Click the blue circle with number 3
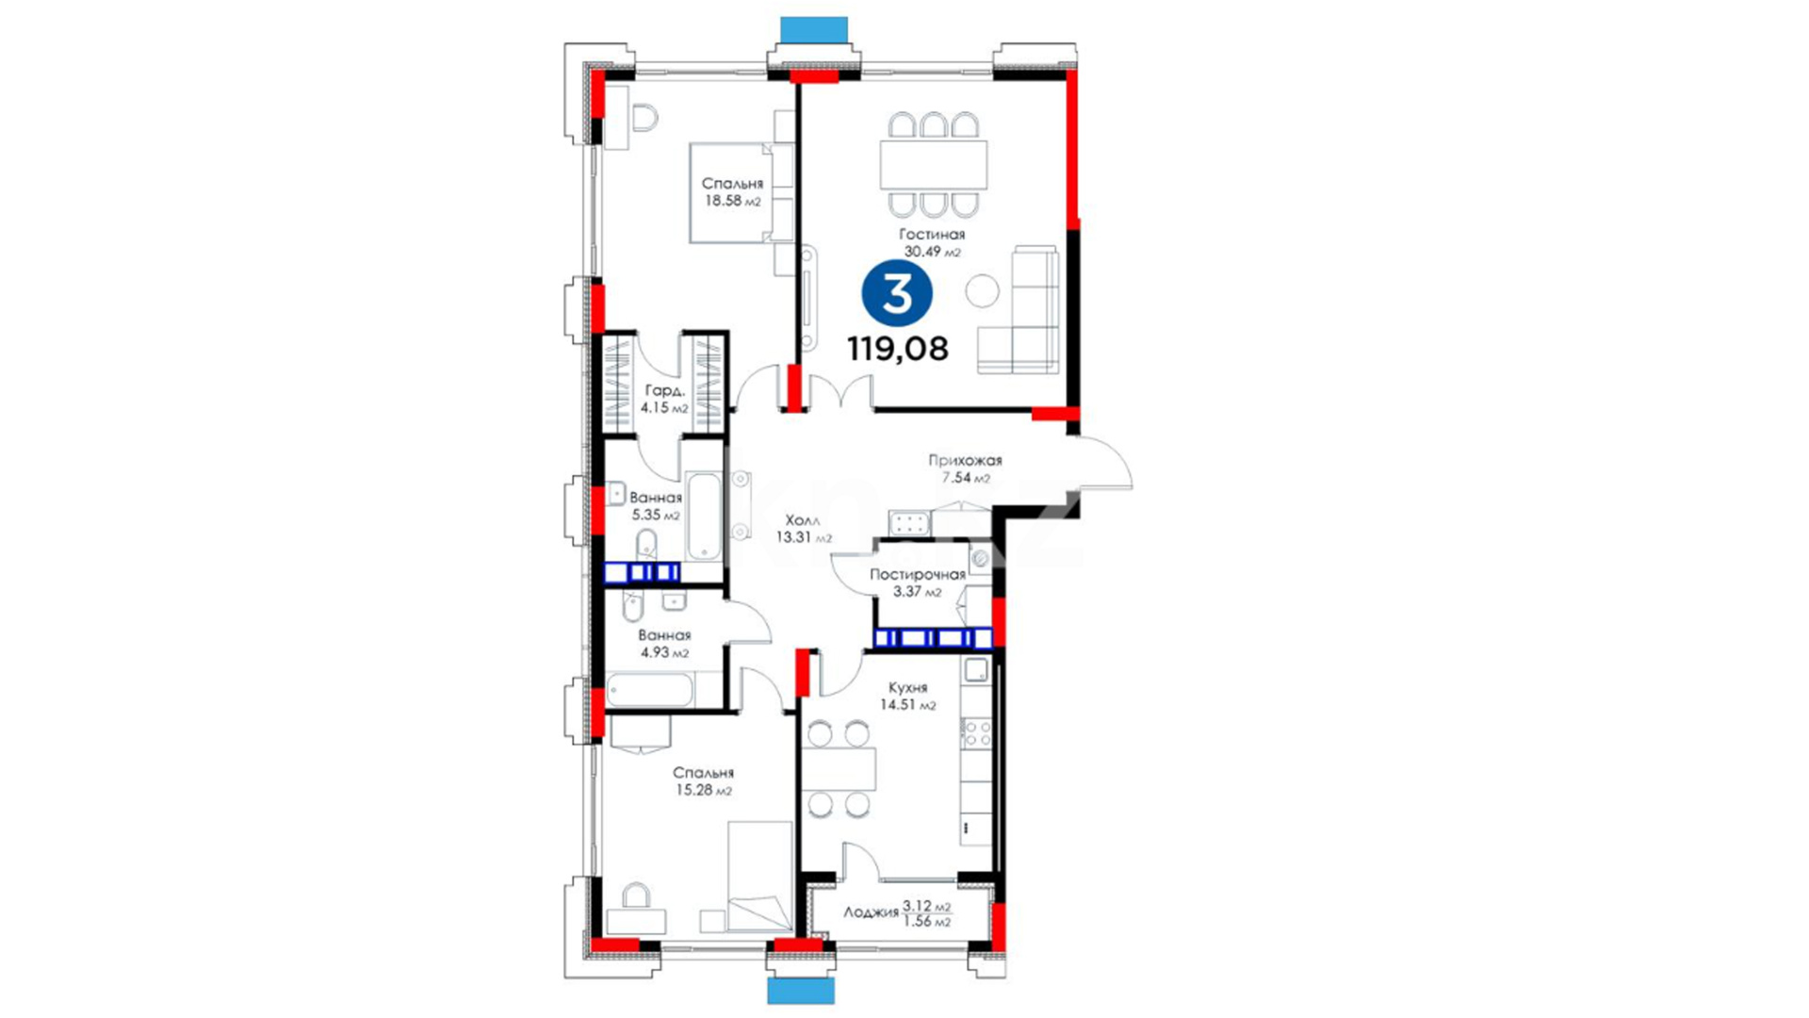(x=897, y=293)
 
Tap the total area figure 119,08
(x=898, y=349)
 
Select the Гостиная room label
(x=932, y=234)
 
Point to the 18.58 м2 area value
(x=733, y=201)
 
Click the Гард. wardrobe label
(x=664, y=390)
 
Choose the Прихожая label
(x=965, y=460)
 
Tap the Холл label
(x=803, y=519)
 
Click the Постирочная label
(x=918, y=574)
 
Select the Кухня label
(x=907, y=688)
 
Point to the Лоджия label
(x=871, y=912)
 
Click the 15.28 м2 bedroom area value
(x=704, y=791)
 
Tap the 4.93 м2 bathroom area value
(x=664, y=652)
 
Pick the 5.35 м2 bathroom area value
(x=656, y=516)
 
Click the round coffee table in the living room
(x=982, y=290)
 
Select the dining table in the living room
(x=934, y=164)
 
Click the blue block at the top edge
(x=814, y=29)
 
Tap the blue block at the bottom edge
(x=801, y=991)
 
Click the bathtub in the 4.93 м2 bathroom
(x=650, y=690)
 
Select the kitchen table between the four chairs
(x=839, y=768)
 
